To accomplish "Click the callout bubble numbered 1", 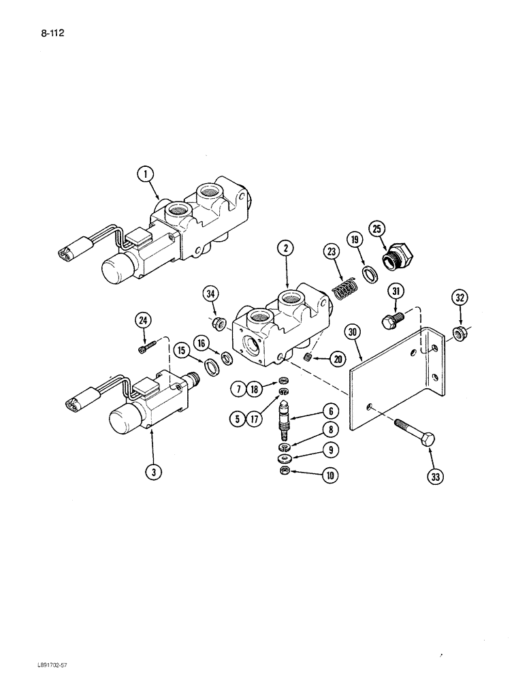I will [x=144, y=175].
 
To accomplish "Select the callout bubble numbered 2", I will [x=287, y=249].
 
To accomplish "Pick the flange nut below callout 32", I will [x=460, y=332].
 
